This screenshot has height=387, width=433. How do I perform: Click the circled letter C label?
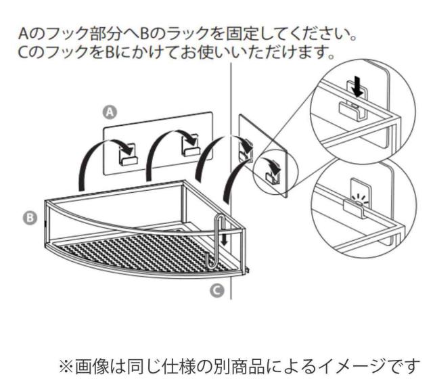tap(215, 291)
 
